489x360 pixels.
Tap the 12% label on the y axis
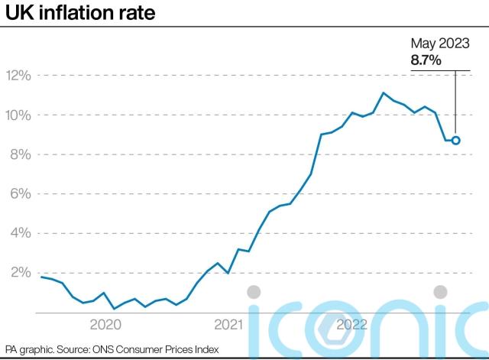click(x=18, y=76)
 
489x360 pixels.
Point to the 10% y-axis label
click(x=18, y=115)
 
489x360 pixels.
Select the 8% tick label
click(x=21, y=154)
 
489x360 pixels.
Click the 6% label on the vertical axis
click(x=21, y=194)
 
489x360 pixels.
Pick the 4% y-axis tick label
click(x=21, y=233)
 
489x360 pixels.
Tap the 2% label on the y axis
click(x=21, y=273)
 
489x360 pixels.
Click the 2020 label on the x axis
click(x=106, y=324)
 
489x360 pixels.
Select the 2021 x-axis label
click(x=229, y=324)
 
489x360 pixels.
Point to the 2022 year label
click(x=352, y=324)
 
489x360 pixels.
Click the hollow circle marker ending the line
click(x=455, y=141)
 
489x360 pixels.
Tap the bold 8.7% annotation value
click(x=426, y=60)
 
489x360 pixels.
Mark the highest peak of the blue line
click(x=384, y=93)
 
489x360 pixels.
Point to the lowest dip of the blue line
click(x=114, y=309)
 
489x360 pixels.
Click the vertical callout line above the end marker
click(x=455, y=103)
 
